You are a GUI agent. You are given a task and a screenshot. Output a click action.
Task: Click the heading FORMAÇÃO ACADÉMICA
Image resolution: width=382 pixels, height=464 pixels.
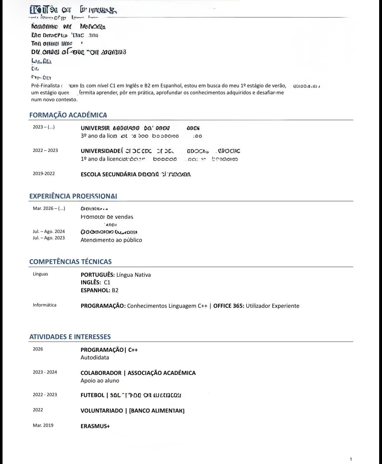[68, 115]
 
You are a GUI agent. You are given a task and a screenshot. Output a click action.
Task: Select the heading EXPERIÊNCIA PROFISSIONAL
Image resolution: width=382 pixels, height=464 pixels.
[73, 196]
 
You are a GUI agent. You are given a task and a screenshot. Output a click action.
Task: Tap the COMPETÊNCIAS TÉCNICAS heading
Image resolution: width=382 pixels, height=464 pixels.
[70, 262]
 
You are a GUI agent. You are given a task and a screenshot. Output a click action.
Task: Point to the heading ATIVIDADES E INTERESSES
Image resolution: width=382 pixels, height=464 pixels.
[70, 337]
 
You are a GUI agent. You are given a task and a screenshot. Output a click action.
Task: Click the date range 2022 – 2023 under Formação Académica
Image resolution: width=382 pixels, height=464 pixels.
[45, 150]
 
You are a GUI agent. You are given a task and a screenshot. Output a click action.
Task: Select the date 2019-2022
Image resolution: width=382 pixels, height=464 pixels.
[44, 174]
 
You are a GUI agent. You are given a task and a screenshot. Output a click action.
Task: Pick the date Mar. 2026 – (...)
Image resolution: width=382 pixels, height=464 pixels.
[49, 208]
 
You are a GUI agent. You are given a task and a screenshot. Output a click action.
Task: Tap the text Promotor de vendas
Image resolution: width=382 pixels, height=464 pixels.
[107, 217]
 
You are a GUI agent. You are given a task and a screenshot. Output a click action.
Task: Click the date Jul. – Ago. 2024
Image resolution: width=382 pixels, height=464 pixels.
[49, 232]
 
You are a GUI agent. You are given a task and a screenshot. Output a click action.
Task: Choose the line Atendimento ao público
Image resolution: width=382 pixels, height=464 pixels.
[111, 240]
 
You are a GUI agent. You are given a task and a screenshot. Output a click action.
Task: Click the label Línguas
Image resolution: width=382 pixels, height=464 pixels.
[41, 274]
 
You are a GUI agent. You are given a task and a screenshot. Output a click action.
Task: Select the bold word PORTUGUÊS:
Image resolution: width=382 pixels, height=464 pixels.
[98, 275]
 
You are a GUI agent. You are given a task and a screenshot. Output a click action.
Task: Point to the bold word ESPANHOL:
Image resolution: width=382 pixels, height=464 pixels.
[95, 290]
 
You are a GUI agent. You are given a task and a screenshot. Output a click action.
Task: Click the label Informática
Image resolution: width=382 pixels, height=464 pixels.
[45, 305]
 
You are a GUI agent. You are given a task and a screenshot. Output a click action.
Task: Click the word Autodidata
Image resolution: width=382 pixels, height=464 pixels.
[95, 358]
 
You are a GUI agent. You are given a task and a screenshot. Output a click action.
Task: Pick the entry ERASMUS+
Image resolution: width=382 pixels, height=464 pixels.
[95, 426]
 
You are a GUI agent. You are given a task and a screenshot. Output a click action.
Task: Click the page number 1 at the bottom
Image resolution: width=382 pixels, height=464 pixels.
[351, 459]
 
